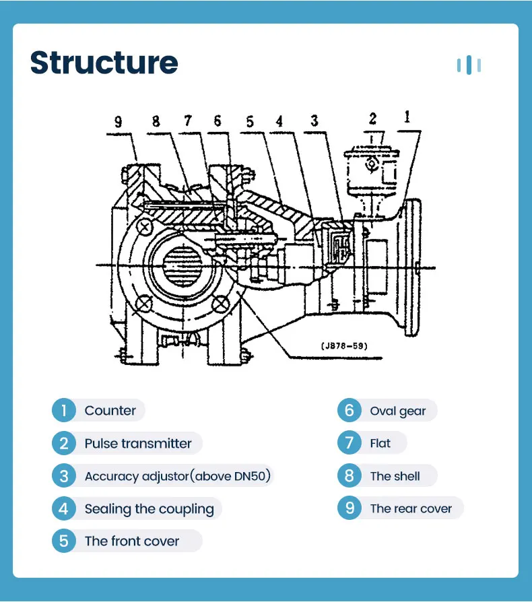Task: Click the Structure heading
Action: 104,63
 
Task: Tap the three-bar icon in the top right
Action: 469,65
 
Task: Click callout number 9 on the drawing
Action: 119,122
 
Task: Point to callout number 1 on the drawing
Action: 407,116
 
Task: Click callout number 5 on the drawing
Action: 250,122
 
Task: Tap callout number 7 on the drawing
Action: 187,121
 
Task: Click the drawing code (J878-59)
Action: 343,347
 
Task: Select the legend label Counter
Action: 110,411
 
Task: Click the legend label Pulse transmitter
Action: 137,444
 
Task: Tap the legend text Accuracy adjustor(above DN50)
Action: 177,477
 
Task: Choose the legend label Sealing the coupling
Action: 149,509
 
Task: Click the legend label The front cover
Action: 132,541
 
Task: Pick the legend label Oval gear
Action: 397,411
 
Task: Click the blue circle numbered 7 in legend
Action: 349,444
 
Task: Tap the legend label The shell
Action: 395,477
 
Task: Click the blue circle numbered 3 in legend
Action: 63,477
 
